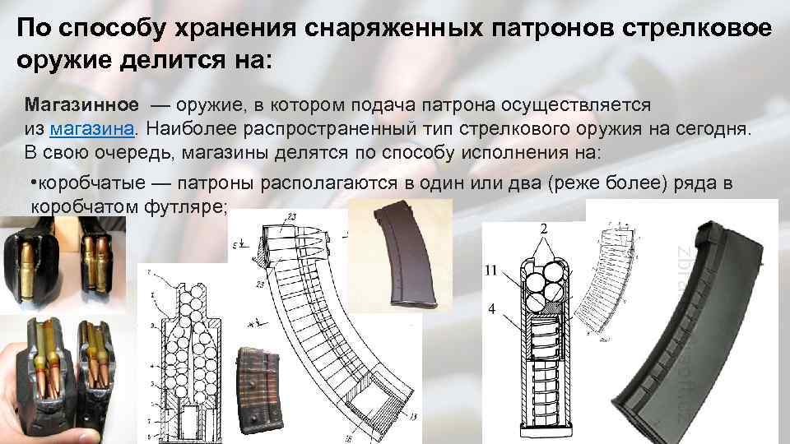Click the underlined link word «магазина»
pos(92,130)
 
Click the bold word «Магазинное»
pos(74,107)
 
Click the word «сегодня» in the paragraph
pos(714,130)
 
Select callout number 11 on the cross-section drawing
pos(491,269)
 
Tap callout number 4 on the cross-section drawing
pos(491,310)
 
